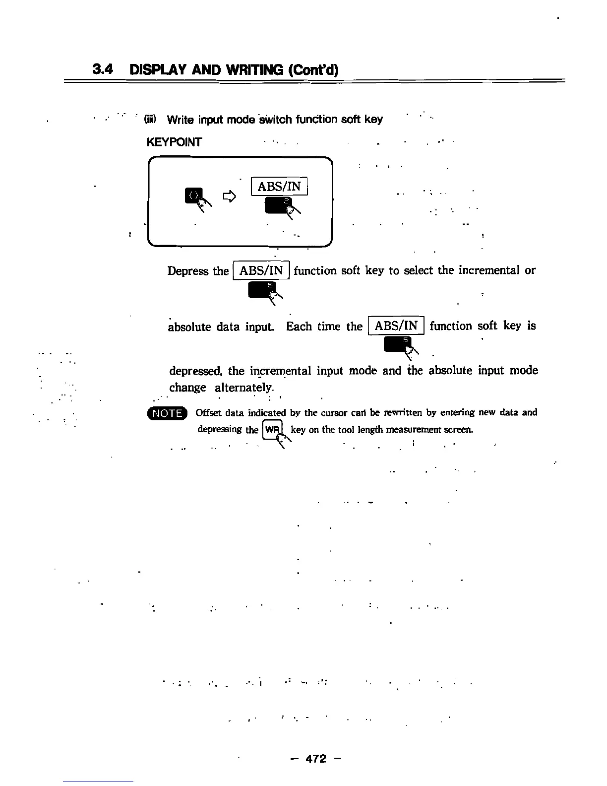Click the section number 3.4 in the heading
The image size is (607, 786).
coord(103,69)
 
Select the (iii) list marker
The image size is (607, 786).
coord(150,120)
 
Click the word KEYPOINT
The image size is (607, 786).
coord(174,142)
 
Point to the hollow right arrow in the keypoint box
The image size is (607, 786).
coord(229,197)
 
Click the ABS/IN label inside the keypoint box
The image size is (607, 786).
coord(279,187)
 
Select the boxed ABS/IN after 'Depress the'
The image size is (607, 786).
coord(261,270)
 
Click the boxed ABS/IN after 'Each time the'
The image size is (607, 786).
coord(396,326)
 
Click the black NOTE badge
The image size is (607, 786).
coord(167,413)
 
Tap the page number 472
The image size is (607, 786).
coord(316,759)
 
